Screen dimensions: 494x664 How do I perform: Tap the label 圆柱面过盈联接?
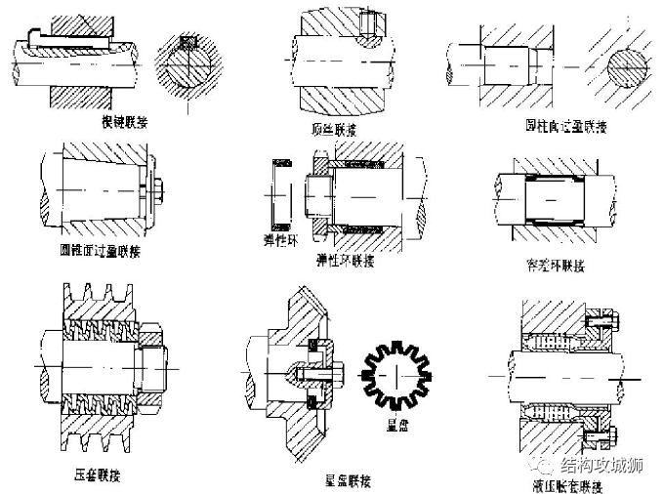tap(550, 128)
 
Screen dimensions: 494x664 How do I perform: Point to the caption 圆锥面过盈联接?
tap(104, 249)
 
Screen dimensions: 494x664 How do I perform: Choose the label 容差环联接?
tap(554, 265)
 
